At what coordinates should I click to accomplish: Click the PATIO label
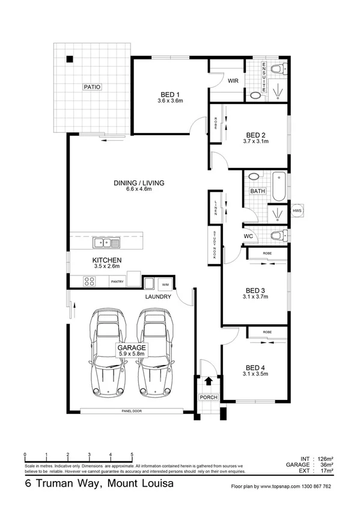pyautogui.click(x=92, y=87)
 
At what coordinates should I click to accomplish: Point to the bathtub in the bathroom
pyautogui.click(x=278, y=186)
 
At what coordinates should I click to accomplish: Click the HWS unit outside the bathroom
pyautogui.click(x=297, y=212)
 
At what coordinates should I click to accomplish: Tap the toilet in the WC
pyautogui.click(x=275, y=235)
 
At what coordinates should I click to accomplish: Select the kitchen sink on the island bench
pyautogui.click(x=106, y=243)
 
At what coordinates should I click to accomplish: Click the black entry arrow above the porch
pyautogui.click(x=209, y=381)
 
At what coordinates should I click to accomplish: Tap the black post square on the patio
pyautogui.click(x=70, y=59)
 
